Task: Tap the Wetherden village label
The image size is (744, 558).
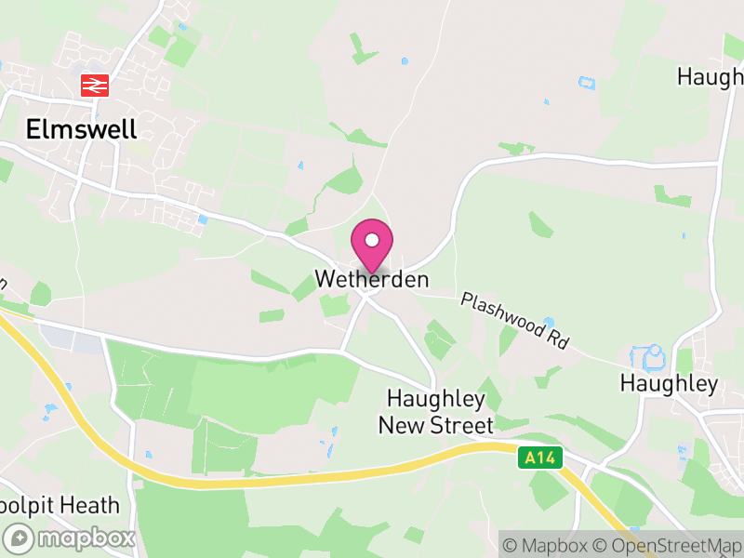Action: point(372,279)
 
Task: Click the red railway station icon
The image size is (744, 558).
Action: point(95,86)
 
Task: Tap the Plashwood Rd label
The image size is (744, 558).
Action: point(515,321)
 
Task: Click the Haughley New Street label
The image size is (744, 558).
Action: point(435,412)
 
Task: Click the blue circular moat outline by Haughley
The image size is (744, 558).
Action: point(650,356)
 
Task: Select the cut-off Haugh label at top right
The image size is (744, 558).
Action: point(710,76)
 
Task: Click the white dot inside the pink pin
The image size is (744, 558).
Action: point(371,239)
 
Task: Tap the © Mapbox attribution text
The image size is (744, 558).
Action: point(545,544)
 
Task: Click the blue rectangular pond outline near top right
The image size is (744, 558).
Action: point(586,82)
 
